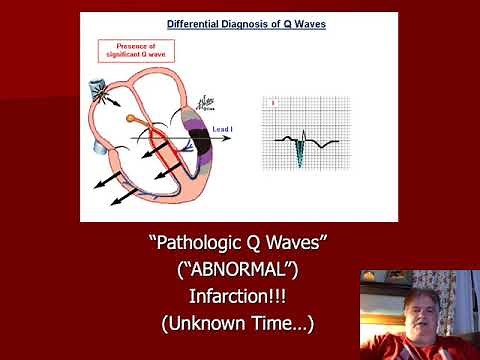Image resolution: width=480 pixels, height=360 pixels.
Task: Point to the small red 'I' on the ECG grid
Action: [x=271, y=102]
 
